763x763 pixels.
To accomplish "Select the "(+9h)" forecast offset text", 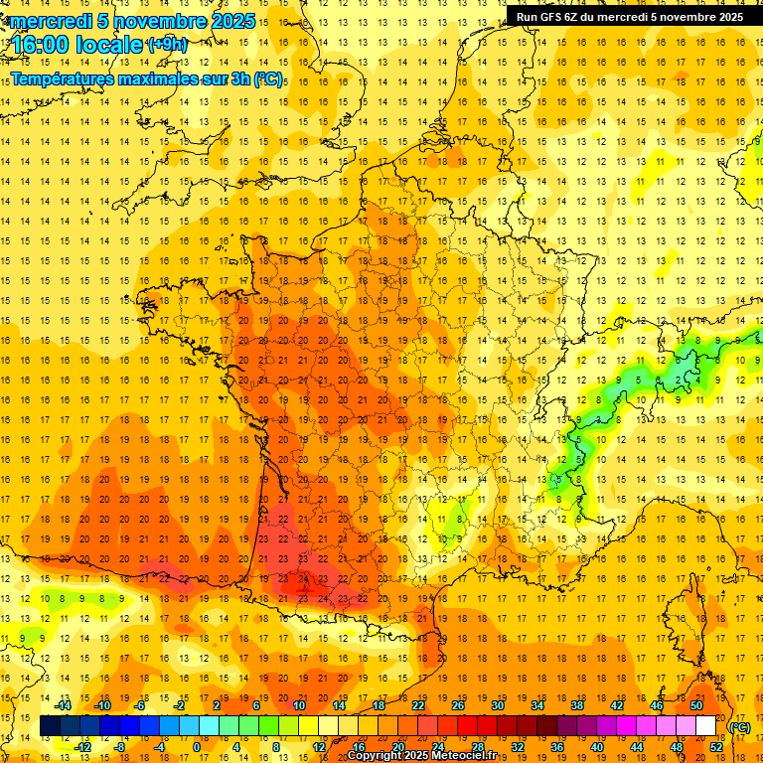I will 167,44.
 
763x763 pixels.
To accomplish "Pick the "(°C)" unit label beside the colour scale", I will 740,727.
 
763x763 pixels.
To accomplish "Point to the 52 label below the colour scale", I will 715,747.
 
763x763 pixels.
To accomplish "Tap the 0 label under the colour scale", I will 197,747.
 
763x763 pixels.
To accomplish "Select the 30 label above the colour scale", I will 498,705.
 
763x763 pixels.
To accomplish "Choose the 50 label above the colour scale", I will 696,705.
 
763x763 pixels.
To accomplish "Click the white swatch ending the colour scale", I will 705,726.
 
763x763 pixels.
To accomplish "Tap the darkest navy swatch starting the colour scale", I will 50,726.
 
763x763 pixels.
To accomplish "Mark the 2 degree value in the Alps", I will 679,379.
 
